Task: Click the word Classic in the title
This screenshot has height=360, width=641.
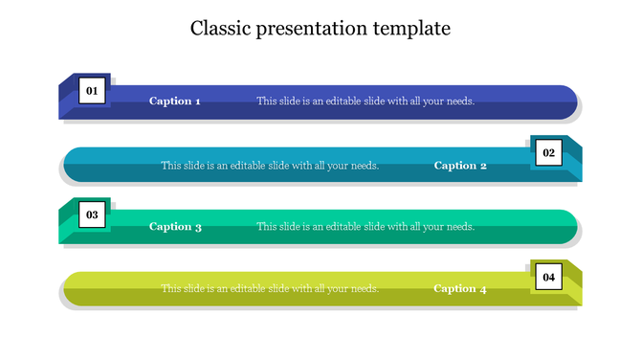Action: [219, 29]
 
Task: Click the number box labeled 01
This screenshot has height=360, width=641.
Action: [93, 91]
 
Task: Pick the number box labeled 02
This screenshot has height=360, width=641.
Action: [548, 153]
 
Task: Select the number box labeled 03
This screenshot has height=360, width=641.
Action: [93, 215]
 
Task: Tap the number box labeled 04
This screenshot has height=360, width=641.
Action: [548, 278]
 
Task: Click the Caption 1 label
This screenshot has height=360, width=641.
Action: [175, 101]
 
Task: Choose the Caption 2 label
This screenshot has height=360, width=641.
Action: [460, 166]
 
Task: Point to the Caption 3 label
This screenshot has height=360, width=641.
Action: [175, 228]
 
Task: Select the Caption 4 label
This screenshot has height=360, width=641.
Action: [460, 289]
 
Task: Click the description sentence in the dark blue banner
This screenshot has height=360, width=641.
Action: [365, 101]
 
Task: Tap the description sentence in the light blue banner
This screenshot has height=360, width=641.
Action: [270, 166]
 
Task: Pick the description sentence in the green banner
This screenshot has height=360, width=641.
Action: [365, 228]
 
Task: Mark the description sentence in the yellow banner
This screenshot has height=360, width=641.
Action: [270, 289]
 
